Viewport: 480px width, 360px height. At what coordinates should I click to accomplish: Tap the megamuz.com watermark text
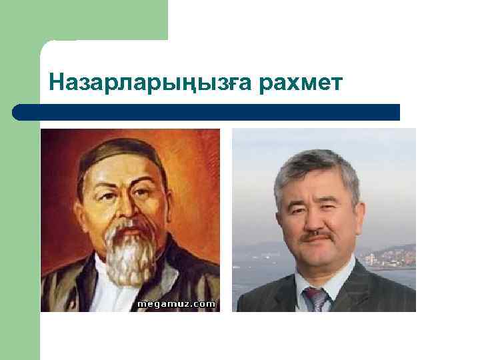coord(177,304)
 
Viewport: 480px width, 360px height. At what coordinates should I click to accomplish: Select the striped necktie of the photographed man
coord(316,299)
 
